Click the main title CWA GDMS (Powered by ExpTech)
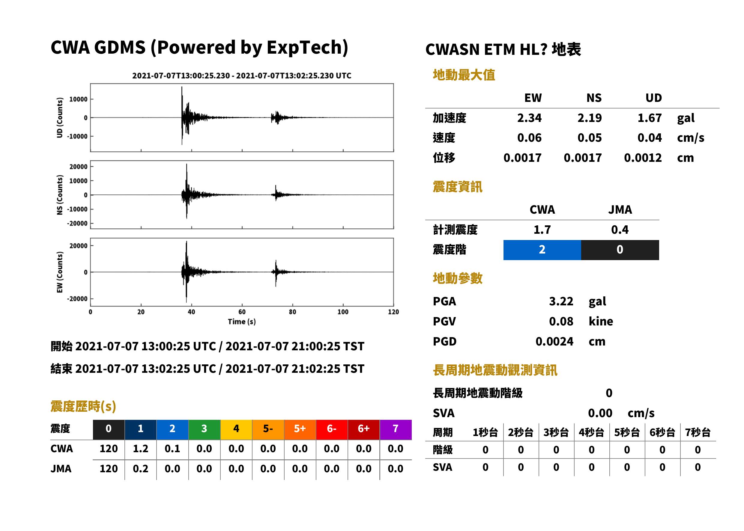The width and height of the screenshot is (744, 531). pyautogui.click(x=199, y=47)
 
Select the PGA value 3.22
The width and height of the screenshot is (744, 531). pyautogui.click(x=561, y=301)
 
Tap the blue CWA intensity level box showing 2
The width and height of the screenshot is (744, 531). pyautogui.click(x=542, y=250)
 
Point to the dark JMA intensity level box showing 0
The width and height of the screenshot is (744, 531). pyautogui.click(x=620, y=250)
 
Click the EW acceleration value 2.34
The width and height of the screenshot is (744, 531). pyautogui.click(x=529, y=118)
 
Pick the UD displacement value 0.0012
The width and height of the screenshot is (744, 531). pyautogui.click(x=643, y=158)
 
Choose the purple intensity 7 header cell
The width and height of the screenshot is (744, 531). pyautogui.click(x=396, y=429)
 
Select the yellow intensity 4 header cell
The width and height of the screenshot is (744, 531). pyautogui.click(x=236, y=429)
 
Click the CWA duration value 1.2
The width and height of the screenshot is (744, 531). pyautogui.click(x=140, y=449)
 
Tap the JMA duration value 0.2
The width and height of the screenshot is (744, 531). pyautogui.click(x=140, y=469)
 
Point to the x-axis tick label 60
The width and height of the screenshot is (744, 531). pyautogui.click(x=242, y=312)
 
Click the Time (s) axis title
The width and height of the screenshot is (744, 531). pyautogui.click(x=242, y=322)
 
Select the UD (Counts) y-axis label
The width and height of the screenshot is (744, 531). pyautogui.click(x=60, y=118)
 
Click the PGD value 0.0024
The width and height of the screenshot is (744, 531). pyautogui.click(x=554, y=341)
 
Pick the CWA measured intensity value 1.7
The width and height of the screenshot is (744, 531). pyautogui.click(x=542, y=230)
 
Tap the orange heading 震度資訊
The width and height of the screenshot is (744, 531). pyautogui.click(x=457, y=187)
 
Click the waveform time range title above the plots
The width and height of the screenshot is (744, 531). pyautogui.click(x=242, y=76)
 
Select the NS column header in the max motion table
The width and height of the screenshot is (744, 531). pyautogui.click(x=594, y=98)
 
